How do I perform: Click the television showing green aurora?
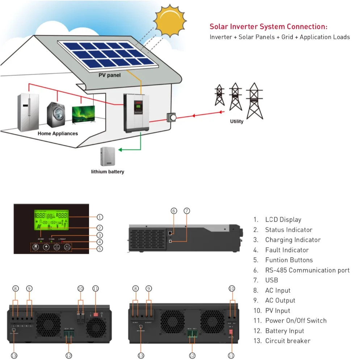tap(83, 115)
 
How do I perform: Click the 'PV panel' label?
tap(110, 76)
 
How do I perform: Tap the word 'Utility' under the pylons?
tap(237, 122)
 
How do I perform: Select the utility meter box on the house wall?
tap(171, 117)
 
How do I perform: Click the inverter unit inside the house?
tap(136, 112)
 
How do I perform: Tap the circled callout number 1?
tap(100, 217)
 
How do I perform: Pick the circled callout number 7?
tap(187, 211)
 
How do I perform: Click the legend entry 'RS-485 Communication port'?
tap(307, 270)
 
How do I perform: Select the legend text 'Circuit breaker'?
tap(287, 341)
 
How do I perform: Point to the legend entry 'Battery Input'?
tap(285, 331)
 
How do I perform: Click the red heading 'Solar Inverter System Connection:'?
tap(269, 27)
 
